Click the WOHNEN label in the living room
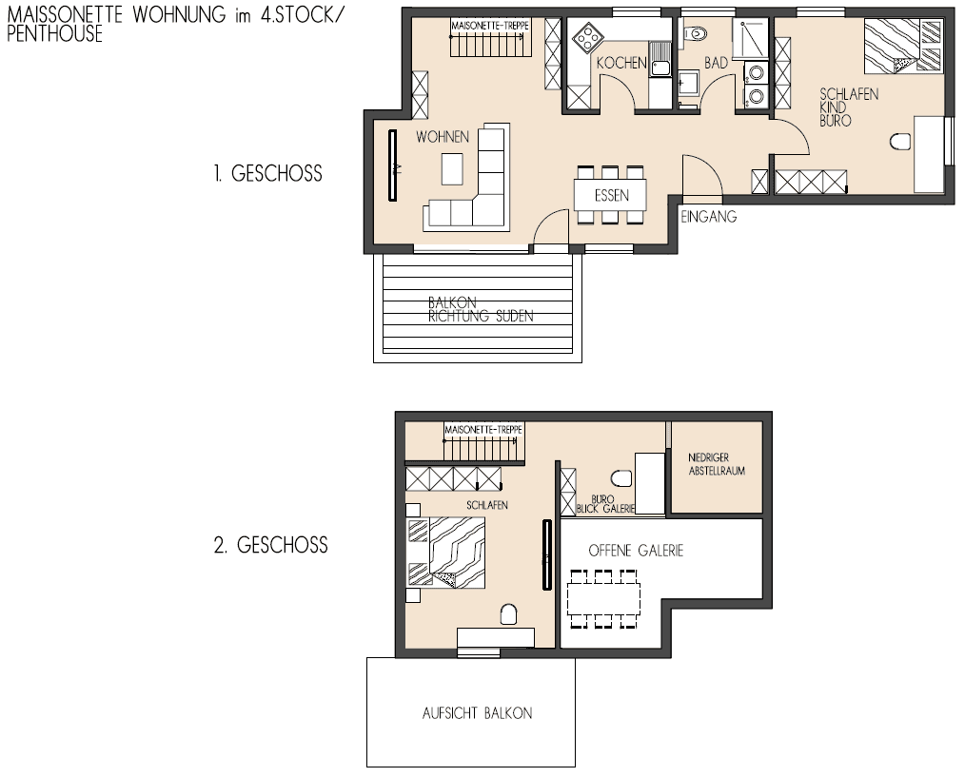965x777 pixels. point(442,138)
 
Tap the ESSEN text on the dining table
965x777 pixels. point(610,197)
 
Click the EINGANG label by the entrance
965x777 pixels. point(709,217)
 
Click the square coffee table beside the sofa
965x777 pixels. point(455,169)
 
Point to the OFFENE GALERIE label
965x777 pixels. point(636,551)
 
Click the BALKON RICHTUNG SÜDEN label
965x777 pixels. point(480,310)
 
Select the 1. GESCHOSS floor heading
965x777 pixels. point(267,174)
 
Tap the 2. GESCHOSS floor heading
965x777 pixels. point(270,546)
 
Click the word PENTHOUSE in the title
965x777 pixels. point(54,34)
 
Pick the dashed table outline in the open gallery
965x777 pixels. point(605,599)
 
